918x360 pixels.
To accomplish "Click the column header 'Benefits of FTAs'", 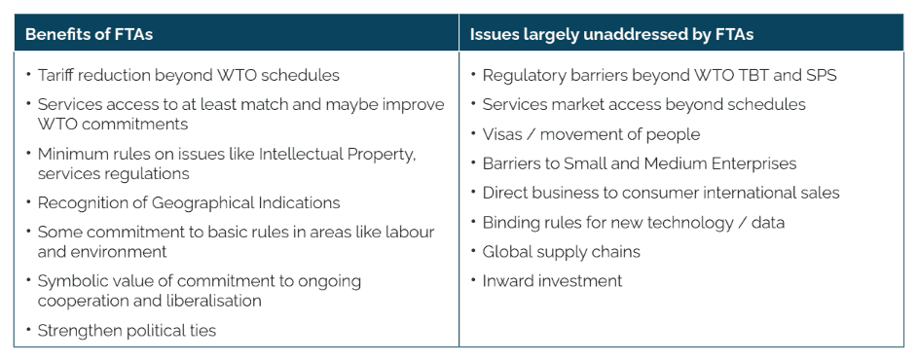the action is tap(89, 34).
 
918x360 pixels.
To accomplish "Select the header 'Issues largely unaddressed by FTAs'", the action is tap(611, 34).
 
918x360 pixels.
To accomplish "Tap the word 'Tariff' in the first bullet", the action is tap(54, 75).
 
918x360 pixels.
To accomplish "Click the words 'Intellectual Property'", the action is tap(338, 154).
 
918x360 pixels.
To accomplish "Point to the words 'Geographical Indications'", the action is tap(246, 202).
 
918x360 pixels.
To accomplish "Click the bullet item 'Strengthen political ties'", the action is tap(128, 331).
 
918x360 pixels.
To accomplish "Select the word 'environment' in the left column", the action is tap(102, 252).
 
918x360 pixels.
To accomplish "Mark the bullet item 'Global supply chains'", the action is tap(561, 252).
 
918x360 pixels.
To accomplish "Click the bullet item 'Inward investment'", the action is tap(552, 281).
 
